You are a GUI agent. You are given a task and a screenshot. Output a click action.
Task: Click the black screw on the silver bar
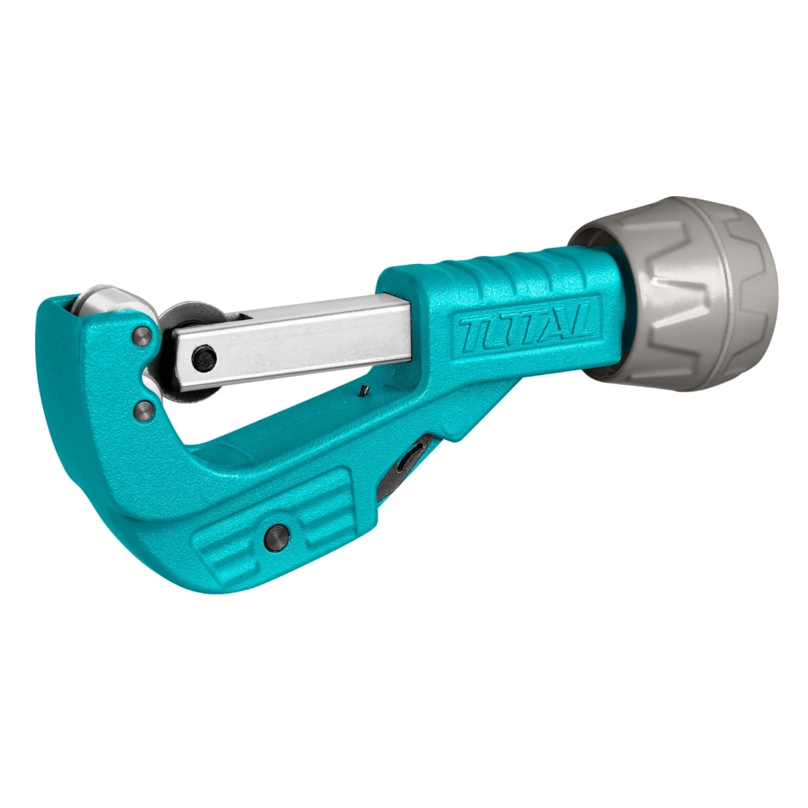point(204,358)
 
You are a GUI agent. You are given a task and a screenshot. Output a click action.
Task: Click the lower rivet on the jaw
point(145,411)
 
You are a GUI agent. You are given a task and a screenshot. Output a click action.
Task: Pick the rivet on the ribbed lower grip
point(277,537)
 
